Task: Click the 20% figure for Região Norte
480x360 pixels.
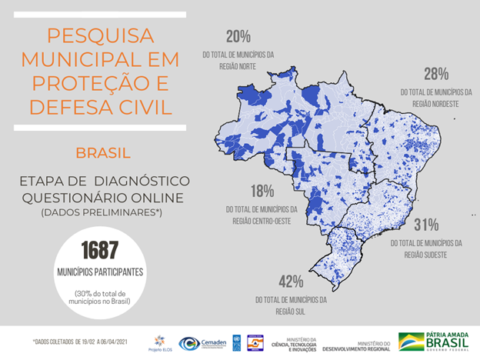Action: (238, 37)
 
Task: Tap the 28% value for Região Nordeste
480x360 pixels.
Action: (435, 75)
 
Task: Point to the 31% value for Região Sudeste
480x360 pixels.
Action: (425, 225)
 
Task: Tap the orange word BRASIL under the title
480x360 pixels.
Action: (102, 152)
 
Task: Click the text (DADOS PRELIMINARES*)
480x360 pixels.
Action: (102, 212)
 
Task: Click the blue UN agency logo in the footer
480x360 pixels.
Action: (236, 343)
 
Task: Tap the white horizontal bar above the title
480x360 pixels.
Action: (101, 15)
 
